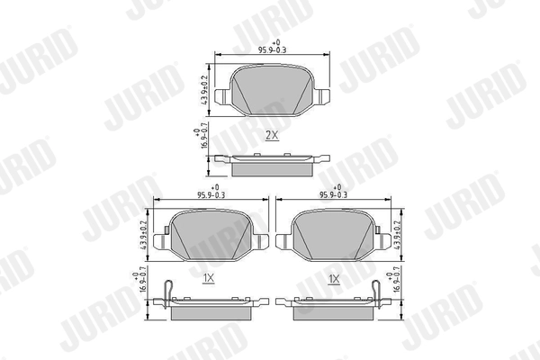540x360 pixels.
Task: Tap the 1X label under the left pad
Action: coord(208,279)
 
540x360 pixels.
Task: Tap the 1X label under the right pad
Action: coord(334,279)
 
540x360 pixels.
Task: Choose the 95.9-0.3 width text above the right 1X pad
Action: coord(334,192)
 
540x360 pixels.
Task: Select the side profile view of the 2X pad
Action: coord(273,165)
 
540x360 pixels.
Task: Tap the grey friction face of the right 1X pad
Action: coord(334,234)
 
